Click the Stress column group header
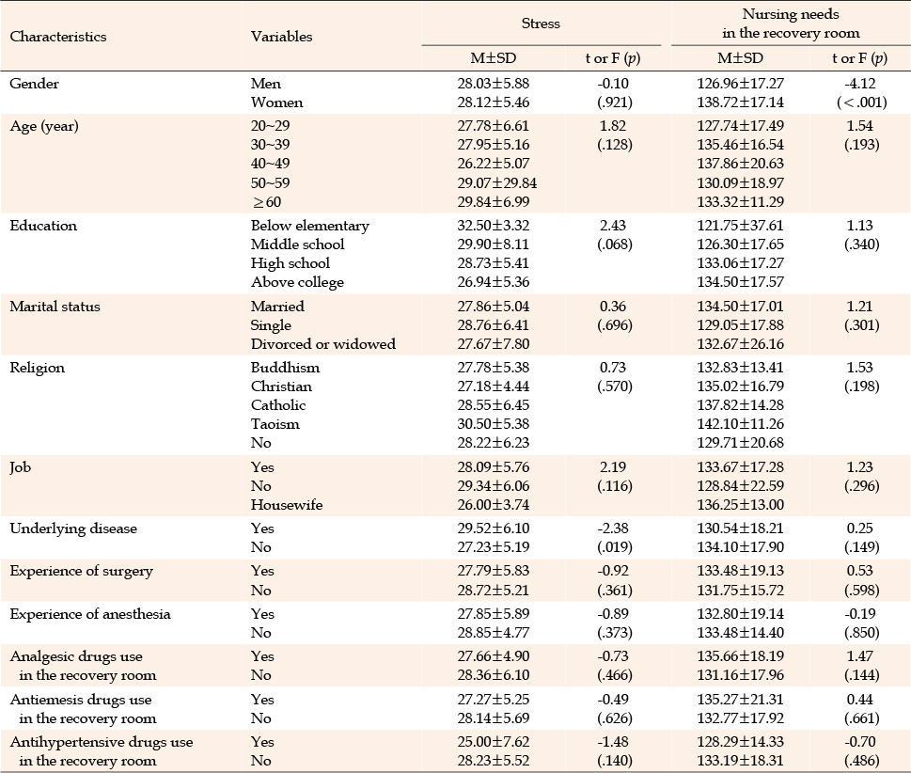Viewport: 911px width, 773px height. pos(541,24)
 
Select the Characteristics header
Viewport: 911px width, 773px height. pos(58,36)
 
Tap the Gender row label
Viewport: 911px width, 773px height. pos(34,84)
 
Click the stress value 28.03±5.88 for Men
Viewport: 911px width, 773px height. pos(494,84)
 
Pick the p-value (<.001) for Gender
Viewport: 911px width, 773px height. pos(861,103)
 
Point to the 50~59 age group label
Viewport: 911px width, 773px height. pos(270,182)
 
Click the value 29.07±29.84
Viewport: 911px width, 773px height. pos(496,182)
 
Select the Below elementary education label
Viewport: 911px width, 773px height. pos(309,226)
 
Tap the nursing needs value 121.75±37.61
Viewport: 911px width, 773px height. pos(740,226)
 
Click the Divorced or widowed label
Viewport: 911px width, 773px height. pos(323,344)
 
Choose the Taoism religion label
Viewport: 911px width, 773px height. pos(275,424)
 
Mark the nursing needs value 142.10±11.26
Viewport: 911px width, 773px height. pos(740,424)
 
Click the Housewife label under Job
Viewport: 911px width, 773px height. pos(287,504)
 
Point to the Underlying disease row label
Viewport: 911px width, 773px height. pos(73,528)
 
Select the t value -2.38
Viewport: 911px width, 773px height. pos(614,528)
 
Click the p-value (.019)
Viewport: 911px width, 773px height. pos(615,547)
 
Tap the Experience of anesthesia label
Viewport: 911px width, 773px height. pos(90,614)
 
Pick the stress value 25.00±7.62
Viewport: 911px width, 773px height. pos(494,742)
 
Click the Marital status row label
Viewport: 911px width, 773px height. pos(55,307)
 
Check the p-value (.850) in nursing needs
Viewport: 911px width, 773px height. pos(861,632)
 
